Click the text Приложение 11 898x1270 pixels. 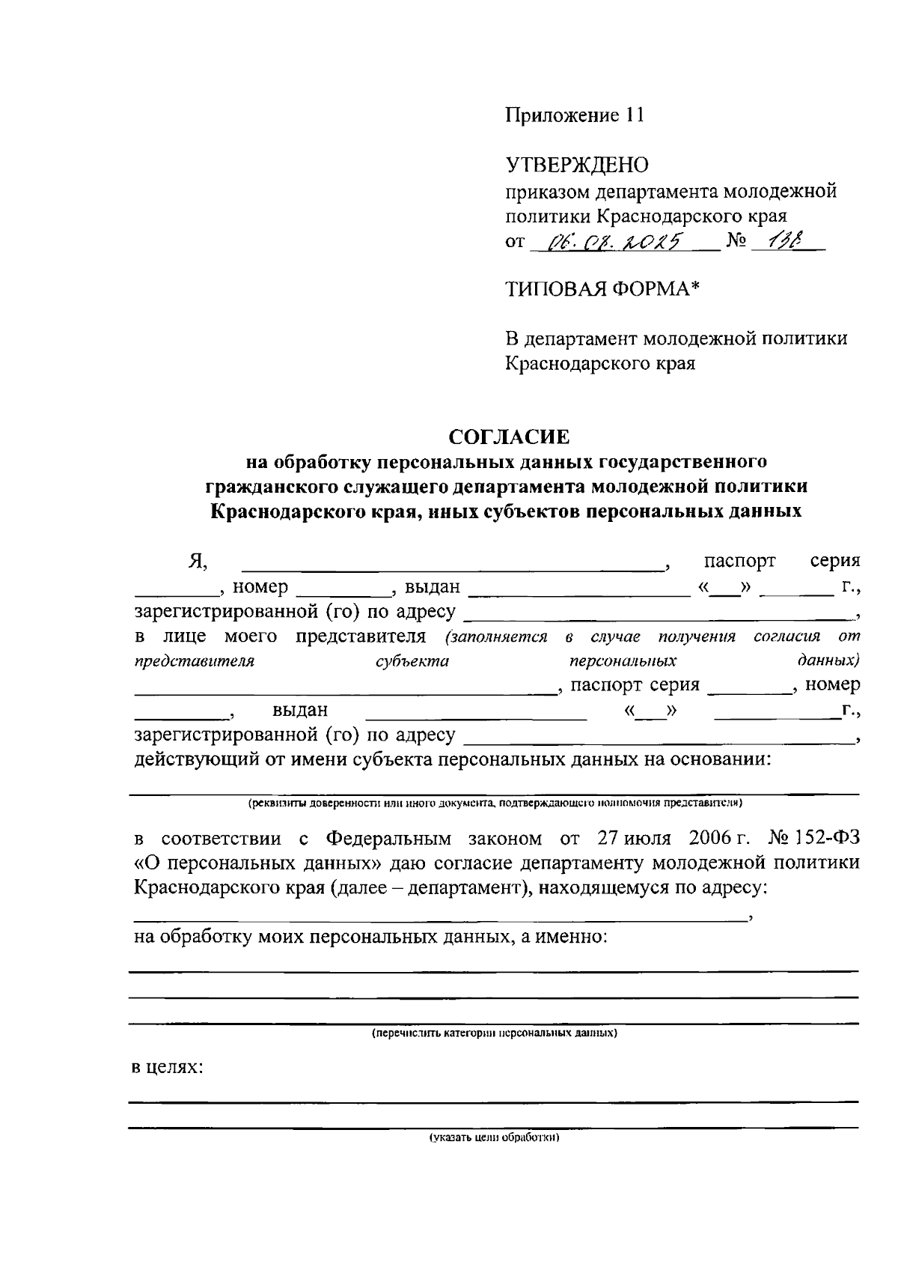pos(574,115)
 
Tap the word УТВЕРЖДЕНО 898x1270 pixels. pos(577,165)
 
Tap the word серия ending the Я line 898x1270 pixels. pos(835,561)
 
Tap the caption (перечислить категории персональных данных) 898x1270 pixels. pos(495,1033)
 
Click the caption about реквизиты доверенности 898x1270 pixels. pos(495,803)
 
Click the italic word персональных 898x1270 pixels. pos(623,661)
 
